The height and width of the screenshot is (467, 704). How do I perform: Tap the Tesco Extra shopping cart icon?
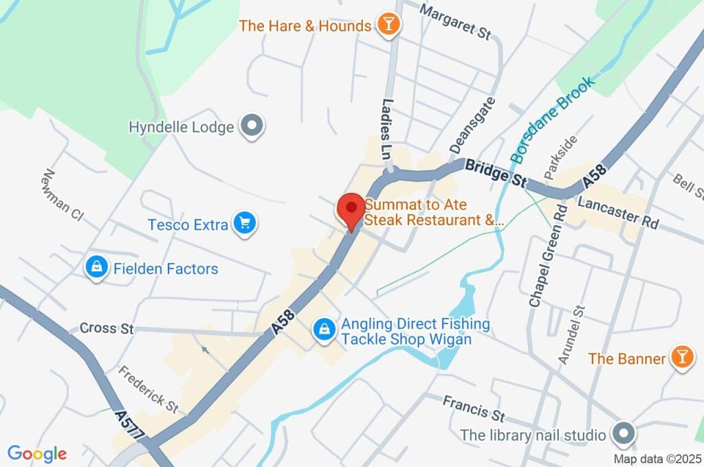click(x=244, y=224)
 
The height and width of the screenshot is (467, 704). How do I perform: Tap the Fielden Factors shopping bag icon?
click(x=96, y=269)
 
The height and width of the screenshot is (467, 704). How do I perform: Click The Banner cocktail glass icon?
click(x=681, y=358)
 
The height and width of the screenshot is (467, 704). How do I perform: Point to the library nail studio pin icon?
click(x=623, y=435)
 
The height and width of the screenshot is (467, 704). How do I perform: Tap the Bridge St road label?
click(x=495, y=173)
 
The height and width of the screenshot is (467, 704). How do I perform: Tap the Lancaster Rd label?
click(x=618, y=213)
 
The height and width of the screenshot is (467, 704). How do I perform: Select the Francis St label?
click(x=473, y=408)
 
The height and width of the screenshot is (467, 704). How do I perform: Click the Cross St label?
click(x=107, y=328)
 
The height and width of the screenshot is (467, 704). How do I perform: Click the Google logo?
click(x=37, y=453)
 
